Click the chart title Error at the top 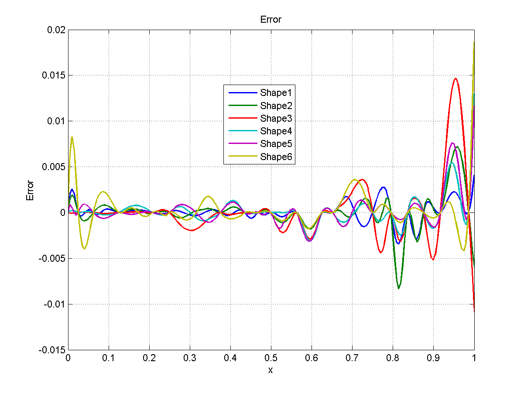(271, 20)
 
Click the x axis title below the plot (271, 370)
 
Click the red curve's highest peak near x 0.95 (456, 79)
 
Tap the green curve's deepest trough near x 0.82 (398, 288)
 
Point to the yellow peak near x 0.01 (72, 137)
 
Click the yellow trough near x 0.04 (84, 249)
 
